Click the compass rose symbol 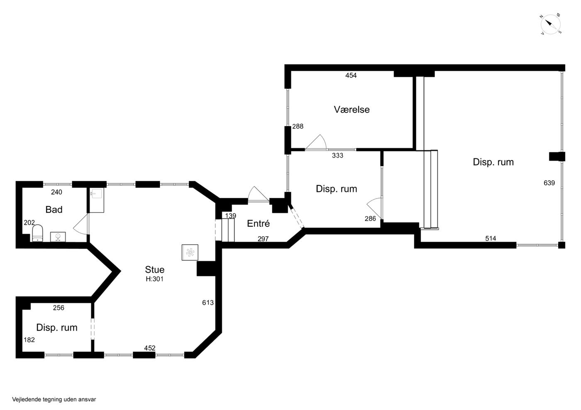tap(550, 24)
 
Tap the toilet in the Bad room tap(38, 233)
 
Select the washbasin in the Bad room tap(58, 237)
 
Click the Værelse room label tap(352, 109)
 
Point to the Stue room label tap(154, 269)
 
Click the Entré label tap(258, 223)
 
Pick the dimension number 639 tap(549, 183)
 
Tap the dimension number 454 tap(351, 75)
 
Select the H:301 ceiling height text tap(154, 279)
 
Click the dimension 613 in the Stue tap(208, 303)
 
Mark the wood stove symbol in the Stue tap(190, 252)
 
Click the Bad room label tap(54, 209)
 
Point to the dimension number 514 tap(491, 238)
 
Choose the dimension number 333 tap(337, 155)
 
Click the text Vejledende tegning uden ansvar tap(54, 399)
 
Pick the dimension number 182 tap(29, 340)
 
